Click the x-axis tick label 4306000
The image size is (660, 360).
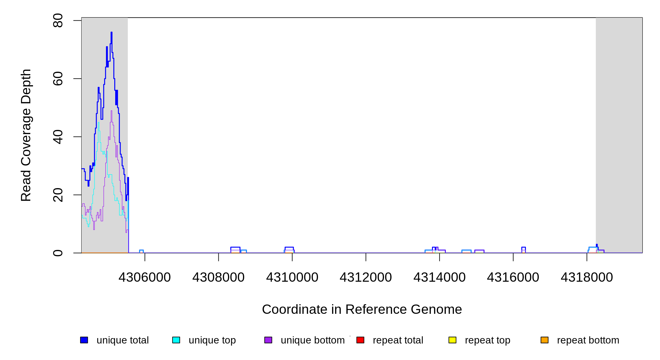[145, 277]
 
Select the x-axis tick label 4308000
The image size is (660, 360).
[218, 277]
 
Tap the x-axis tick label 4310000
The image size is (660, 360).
[292, 277]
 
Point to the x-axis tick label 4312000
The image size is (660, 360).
[366, 277]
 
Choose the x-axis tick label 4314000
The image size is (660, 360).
[439, 277]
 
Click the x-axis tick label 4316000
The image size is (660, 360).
[513, 277]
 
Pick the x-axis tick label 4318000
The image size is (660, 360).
[587, 277]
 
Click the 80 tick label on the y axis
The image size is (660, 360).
[58, 20]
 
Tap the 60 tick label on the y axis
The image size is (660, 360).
[58, 79]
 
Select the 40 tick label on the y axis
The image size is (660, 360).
[58, 137]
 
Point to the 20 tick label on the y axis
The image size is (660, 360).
[58, 195]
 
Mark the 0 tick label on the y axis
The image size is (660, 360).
[58, 253]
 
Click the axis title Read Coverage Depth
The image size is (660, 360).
[26, 135]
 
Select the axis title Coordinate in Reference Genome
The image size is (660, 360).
[362, 309]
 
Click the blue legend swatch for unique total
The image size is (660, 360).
[84, 340]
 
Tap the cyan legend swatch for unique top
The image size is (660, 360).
[176, 340]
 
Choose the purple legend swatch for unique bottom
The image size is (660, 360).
[268, 340]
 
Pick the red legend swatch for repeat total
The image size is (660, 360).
[360, 340]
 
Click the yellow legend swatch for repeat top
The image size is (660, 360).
[452, 340]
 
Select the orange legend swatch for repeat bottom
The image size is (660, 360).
[544, 340]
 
